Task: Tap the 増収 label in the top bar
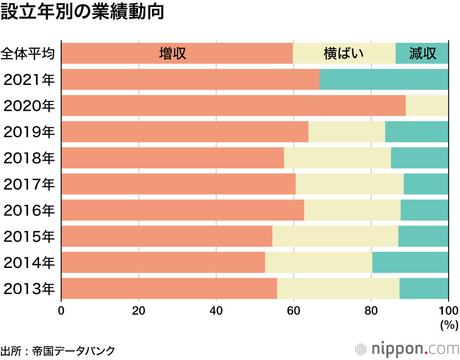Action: click(x=172, y=53)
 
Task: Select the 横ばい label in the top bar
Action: click(x=344, y=53)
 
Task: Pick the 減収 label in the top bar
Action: click(x=422, y=53)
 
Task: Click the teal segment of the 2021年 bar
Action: click(x=384, y=79)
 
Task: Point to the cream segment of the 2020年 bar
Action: click(x=427, y=105)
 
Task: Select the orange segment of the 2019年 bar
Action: click(x=184, y=132)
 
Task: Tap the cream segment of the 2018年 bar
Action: click(x=337, y=158)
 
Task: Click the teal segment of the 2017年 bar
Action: click(x=426, y=184)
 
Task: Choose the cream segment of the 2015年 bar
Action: click(x=335, y=236)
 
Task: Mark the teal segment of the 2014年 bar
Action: click(x=410, y=262)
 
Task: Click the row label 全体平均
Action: click(x=28, y=53)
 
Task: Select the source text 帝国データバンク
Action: click(x=74, y=350)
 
